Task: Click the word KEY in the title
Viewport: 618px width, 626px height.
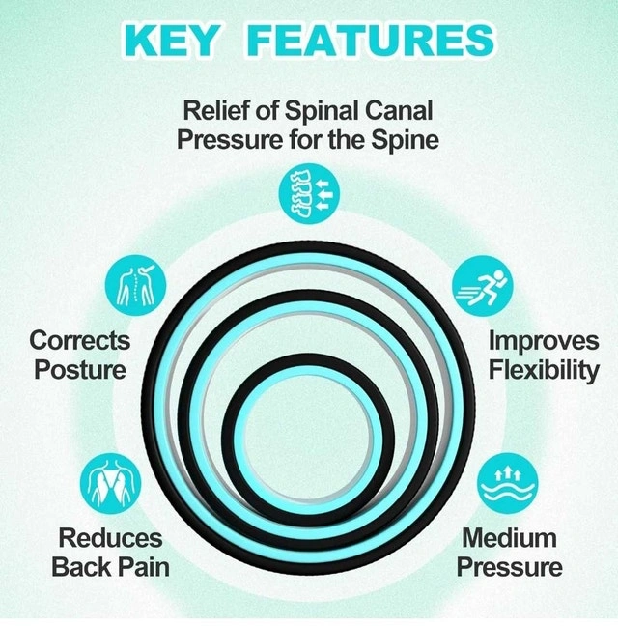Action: tap(175, 40)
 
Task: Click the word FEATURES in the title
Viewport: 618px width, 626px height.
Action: tap(371, 40)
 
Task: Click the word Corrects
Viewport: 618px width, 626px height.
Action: tap(80, 340)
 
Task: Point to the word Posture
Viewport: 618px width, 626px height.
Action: tap(80, 369)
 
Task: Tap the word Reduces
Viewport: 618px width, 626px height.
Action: tap(110, 537)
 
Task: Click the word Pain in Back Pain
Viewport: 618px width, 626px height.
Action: tap(141, 566)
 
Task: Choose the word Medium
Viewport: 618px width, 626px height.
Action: tap(508, 537)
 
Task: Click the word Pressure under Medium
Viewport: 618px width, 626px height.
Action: tap(508, 566)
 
